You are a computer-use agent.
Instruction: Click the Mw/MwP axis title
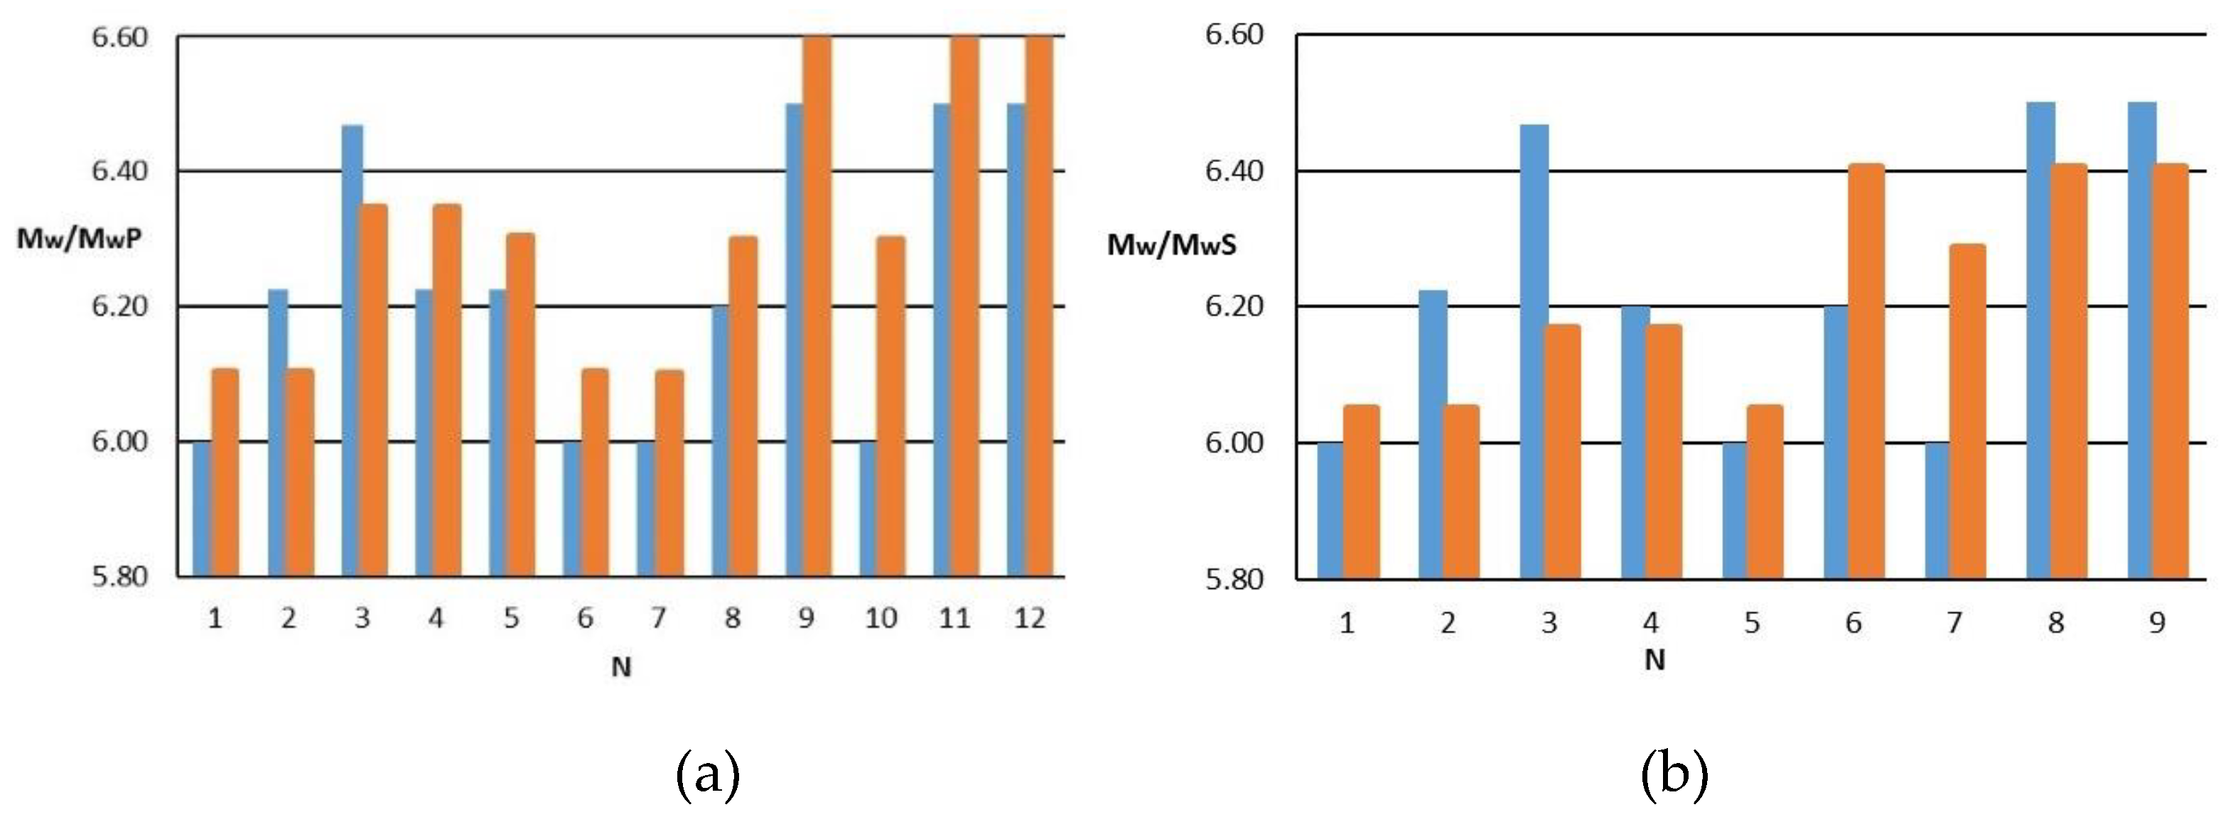79,239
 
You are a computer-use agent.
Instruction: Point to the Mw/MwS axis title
1172,246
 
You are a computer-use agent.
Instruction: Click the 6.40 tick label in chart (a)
119,171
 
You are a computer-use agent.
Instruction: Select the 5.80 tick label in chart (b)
1234,579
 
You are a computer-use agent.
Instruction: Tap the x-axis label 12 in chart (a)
1029,618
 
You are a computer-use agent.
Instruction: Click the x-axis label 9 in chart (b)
2157,622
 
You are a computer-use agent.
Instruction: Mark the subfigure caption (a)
708,772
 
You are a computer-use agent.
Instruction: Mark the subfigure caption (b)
1674,772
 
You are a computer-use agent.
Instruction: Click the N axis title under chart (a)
621,666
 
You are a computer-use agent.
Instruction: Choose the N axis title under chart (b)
1654,661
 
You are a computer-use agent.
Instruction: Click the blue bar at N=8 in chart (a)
721,441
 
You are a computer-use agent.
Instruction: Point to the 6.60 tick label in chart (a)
119,37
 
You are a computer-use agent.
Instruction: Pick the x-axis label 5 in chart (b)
1751,622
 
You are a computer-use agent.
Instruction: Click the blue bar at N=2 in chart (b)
1431,432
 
